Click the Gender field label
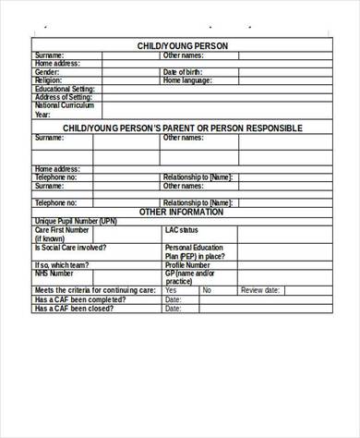[x=47, y=71]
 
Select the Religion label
[x=49, y=79]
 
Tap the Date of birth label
[x=182, y=71]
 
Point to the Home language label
[x=186, y=79]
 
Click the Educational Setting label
[x=63, y=88]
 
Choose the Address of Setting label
[x=63, y=96]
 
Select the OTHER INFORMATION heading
[x=181, y=212]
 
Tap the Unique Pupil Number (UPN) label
[x=76, y=221]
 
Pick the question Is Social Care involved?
[x=70, y=248]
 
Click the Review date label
[x=260, y=290]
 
